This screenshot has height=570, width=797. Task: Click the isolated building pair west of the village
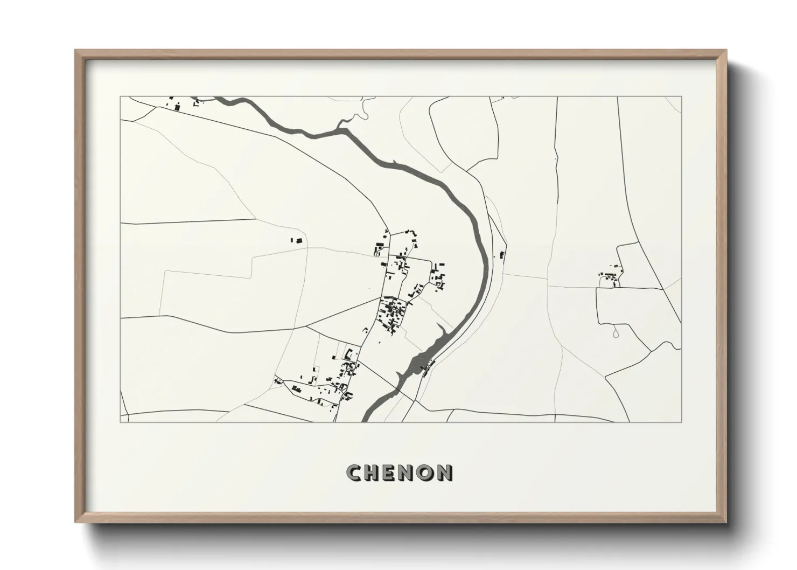(x=297, y=240)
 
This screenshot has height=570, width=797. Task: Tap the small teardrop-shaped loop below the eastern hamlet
(x=616, y=335)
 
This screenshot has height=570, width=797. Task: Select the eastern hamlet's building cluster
(x=609, y=277)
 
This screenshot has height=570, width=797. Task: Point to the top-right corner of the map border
(x=681, y=97)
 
